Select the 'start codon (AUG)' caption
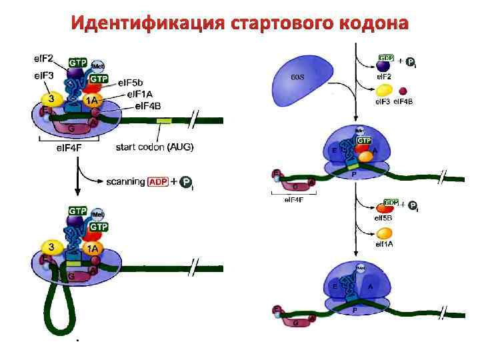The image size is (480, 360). point(155,147)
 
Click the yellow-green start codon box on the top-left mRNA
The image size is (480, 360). point(163,120)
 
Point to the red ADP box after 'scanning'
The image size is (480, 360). point(159,181)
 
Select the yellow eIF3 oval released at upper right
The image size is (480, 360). point(384,90)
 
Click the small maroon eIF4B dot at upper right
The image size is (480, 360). point(403,90)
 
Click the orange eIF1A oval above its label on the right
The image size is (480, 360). point(384,233)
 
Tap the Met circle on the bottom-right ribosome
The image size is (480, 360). point(361,268)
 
